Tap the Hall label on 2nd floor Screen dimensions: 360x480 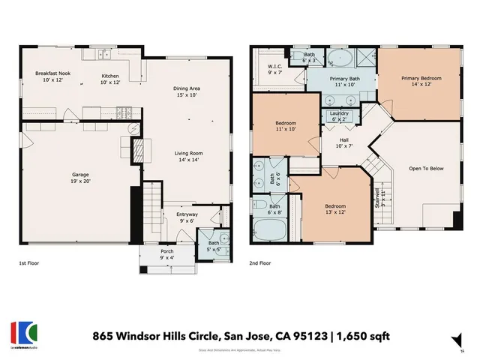(x=344, y=140)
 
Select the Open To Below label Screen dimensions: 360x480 (x=426, y=168)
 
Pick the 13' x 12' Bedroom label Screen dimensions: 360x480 (x=334, y=208)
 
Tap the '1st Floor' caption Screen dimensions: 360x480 (x=31, y=264)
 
